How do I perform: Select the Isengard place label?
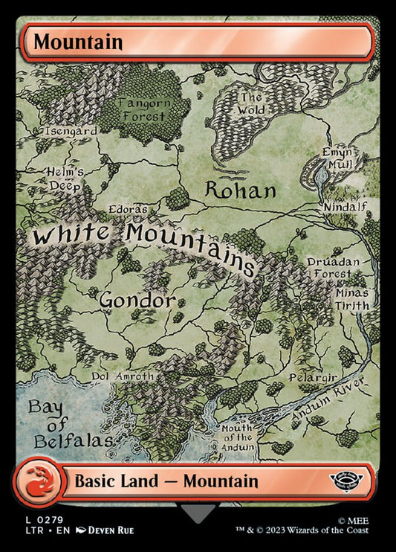tap(71, 130)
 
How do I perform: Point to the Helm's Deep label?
tap(65, 179)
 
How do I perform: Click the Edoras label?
tap(128, 210)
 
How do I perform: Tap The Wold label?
tap(250, 104)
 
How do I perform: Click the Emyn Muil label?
tap(336, 158)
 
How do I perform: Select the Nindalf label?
tap(343, 205)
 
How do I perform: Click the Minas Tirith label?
tap(351, 298)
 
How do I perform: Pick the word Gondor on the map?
tap(137, 301)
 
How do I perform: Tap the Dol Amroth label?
tap(123, 376)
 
